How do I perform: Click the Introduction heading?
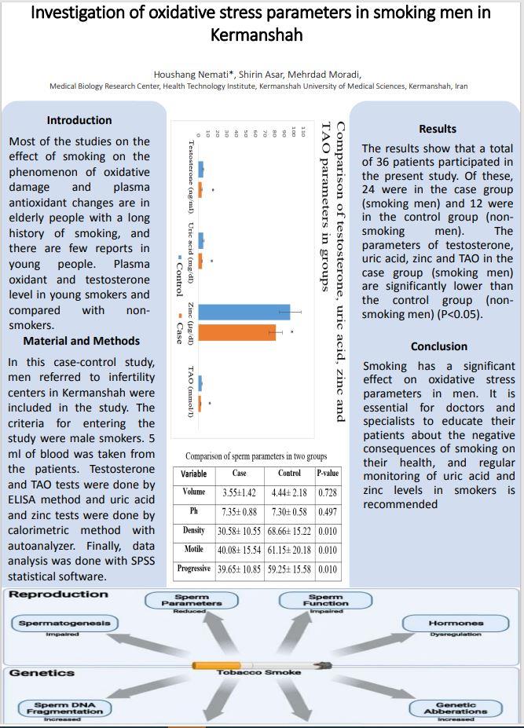click(79, 120)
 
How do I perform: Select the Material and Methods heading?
click(81, 341)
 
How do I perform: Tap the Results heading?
click(438, 129)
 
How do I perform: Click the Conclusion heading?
click(438, 346)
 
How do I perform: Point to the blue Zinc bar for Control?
click(244, 312)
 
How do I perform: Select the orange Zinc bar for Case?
click(237, 332)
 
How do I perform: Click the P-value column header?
click(328, 474)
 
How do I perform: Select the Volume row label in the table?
click(193, 492)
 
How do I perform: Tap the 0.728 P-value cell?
click(328, 492)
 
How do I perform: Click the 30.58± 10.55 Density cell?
click(239, 531)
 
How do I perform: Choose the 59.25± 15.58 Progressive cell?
click(289, 569)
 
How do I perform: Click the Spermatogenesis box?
click(64, 624)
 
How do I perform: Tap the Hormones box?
click(456, 624)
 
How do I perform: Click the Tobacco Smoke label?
click(258, 672)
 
